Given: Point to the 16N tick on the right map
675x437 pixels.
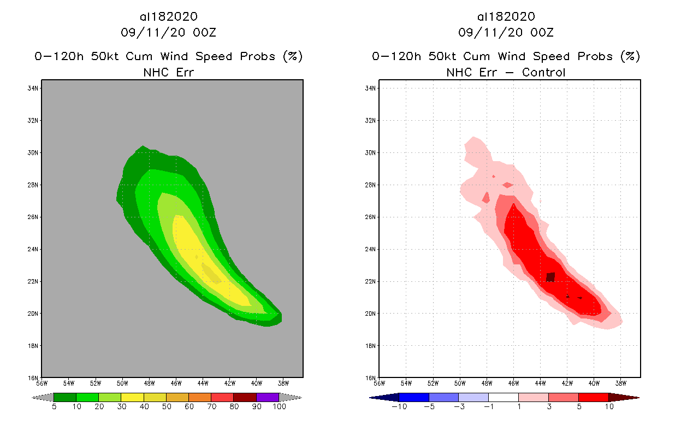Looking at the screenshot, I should point(371,377).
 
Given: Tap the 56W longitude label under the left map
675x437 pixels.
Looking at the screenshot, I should point(42,383).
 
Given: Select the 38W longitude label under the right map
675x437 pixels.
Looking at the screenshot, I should point(620,383).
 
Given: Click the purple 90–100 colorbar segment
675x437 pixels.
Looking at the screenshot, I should point(268,397).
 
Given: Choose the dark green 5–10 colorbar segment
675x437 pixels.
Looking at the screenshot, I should point(65,397).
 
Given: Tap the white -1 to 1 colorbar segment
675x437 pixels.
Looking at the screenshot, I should point(503,397).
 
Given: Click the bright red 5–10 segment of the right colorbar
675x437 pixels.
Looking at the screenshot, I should point(593,397).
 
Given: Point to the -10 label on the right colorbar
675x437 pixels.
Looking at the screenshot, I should point(399,406).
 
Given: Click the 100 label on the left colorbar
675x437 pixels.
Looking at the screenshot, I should point(279,406).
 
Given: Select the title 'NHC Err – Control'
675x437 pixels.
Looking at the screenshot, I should point(506,72).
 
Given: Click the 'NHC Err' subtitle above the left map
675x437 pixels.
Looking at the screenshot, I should point(168,72).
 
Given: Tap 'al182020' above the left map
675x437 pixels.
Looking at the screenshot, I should point(168,17).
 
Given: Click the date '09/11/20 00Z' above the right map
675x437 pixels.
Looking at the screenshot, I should point(506,33).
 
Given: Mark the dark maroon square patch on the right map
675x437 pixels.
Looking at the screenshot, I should point(550,277).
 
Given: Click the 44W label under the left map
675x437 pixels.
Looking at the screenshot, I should point(203,383).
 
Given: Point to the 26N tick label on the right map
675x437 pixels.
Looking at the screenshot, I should point(371,217).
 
